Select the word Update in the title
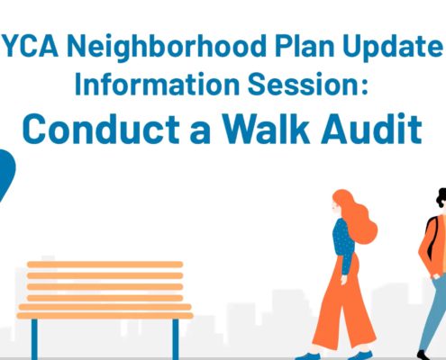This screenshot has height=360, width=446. point(393,48)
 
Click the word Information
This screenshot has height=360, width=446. point(157,84)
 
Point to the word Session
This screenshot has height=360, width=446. point(302,84)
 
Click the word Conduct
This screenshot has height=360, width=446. point(101,129)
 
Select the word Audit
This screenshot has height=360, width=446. point(371,129)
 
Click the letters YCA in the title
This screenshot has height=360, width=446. point(31,46)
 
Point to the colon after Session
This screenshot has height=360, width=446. point(364,87)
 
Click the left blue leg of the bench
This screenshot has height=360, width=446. point(34,339)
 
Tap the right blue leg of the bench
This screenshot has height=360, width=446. point(176,339)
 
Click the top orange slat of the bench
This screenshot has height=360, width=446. point(105,265)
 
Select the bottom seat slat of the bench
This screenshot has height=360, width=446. point(105,316)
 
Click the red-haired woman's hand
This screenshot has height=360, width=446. point(344,279)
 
